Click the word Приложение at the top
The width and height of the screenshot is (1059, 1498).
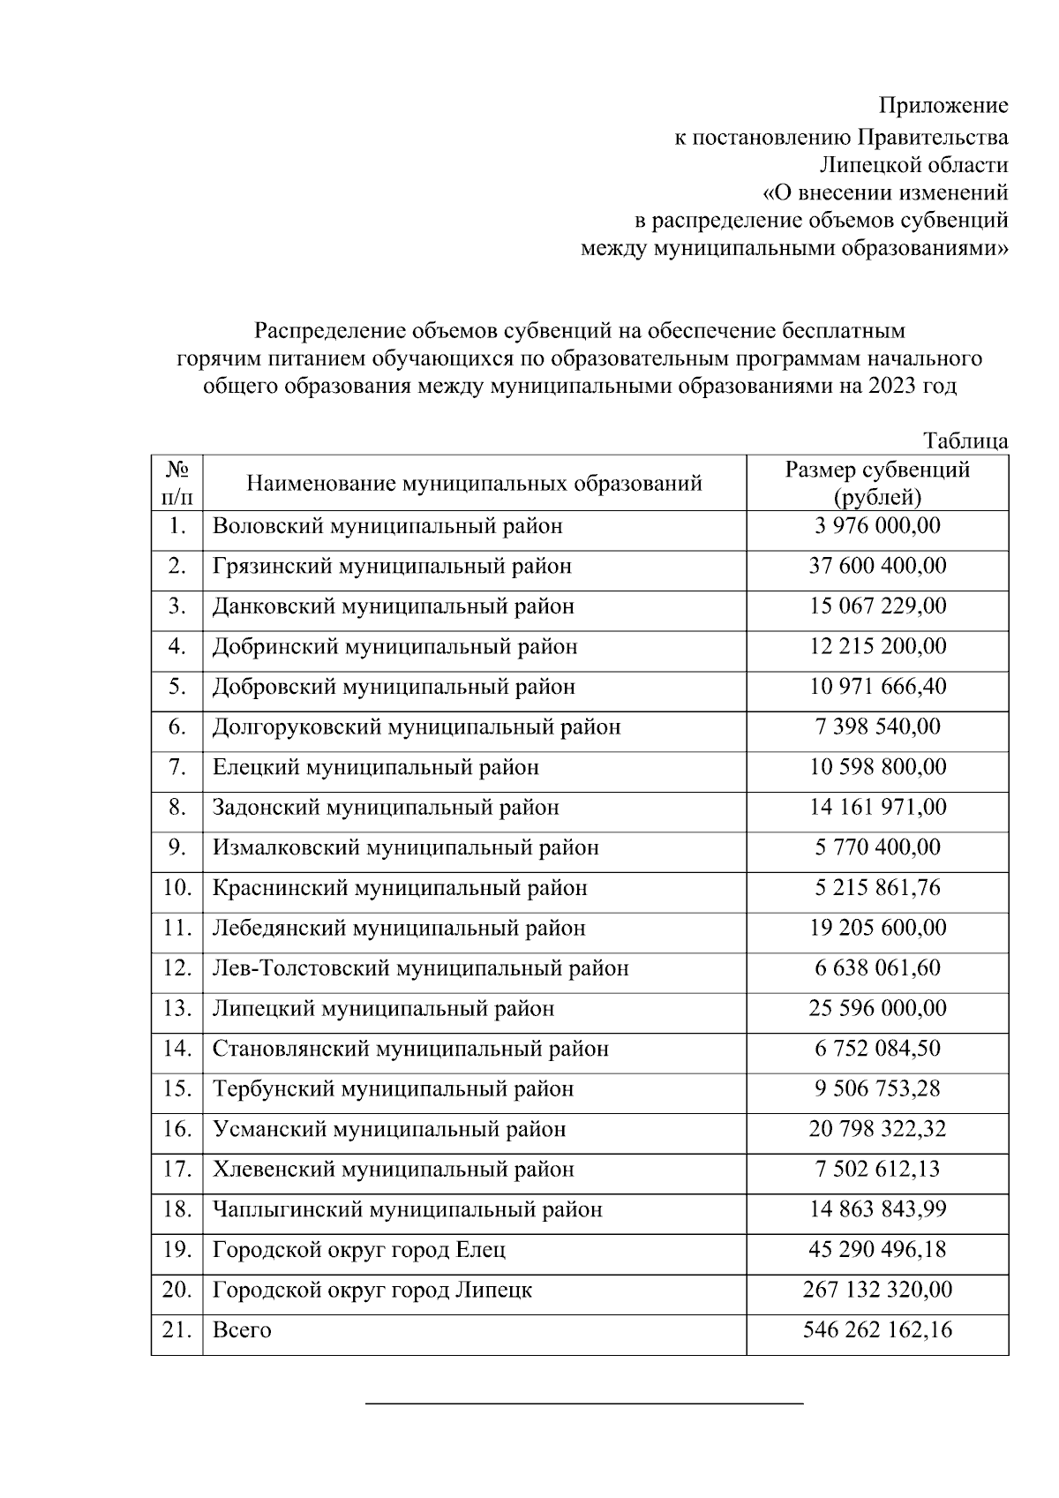pos(943,107)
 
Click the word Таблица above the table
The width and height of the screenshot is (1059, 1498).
pos(965,440)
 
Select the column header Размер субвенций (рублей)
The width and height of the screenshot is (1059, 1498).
pos(877,483)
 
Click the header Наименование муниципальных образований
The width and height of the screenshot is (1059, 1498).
pos(475,484)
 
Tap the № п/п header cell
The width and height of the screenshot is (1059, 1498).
pos(177,483)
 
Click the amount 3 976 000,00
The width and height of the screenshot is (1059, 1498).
pos(877,526)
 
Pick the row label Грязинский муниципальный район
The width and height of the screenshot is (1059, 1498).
pos(392,566)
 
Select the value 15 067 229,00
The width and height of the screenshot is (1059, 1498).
pos(877,606)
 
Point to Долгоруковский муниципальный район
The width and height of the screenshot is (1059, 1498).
pos(417,727)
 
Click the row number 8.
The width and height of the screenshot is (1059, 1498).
pos(177,808)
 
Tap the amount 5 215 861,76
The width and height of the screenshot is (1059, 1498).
pos(877,888)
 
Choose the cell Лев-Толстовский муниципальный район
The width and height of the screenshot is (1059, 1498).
pos(420,968)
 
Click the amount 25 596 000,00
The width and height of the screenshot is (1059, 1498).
pos(877,1008)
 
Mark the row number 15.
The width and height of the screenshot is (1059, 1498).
pos(177,1089)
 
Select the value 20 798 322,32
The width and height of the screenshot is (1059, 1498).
pos(877,1129)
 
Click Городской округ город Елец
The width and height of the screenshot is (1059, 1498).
pos(359,1250)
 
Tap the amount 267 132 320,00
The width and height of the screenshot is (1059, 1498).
pos(877,1291)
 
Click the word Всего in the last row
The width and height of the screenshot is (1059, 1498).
pos(242,1330)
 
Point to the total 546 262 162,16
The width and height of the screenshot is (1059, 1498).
pos(877,1330)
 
